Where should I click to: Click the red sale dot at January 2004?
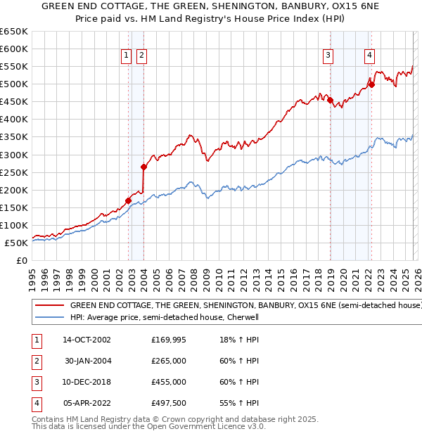143,167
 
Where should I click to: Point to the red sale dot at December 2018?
330,100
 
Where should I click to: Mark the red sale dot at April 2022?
371,85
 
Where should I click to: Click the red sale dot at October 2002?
128,200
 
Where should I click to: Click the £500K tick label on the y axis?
13,84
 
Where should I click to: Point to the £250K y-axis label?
13,172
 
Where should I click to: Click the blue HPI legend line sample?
49,317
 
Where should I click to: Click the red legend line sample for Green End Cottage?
49,306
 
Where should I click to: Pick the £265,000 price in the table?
169,361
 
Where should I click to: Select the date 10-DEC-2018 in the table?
87,382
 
